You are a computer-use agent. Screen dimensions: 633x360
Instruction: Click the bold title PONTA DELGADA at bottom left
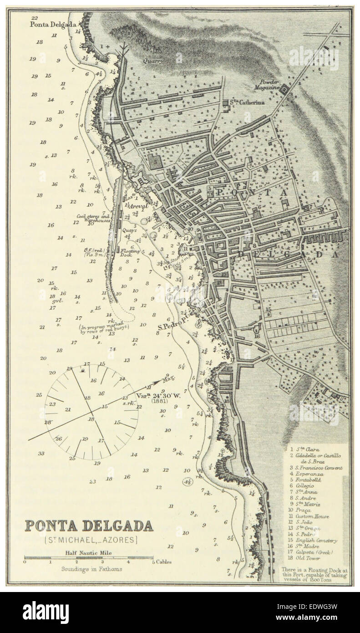coord(88,526)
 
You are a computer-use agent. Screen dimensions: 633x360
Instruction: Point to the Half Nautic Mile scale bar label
coord(89,553)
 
